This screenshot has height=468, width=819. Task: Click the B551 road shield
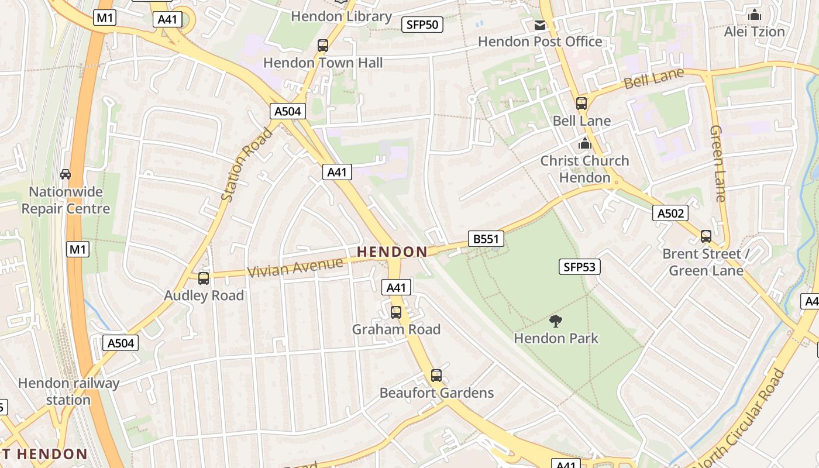(486, 239)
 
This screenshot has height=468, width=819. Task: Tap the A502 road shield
(670, 214)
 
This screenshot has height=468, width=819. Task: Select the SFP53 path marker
(580, 267)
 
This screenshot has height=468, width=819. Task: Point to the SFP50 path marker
(422, 25)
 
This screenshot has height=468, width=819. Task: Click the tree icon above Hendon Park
(555, 321)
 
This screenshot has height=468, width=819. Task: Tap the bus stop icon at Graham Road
(396, 312)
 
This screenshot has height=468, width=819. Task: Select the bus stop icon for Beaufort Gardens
(436, 376)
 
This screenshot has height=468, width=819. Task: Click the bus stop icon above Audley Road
(204, 278)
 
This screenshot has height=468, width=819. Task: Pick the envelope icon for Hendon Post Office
(539, 25)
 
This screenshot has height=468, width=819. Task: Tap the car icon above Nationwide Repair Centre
(66, 174)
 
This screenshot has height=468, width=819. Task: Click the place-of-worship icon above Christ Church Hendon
(584, 143)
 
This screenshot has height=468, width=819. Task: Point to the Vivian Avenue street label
(295, 267)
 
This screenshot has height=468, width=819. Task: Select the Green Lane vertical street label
(718, 164)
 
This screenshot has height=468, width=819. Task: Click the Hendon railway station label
(68, 392)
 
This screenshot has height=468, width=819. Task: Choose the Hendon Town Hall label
(323, 63)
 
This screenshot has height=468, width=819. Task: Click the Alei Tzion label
(754, 32)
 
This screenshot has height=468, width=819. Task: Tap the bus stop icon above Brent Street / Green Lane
(706, 236)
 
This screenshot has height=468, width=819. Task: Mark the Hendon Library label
(341, 16)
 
